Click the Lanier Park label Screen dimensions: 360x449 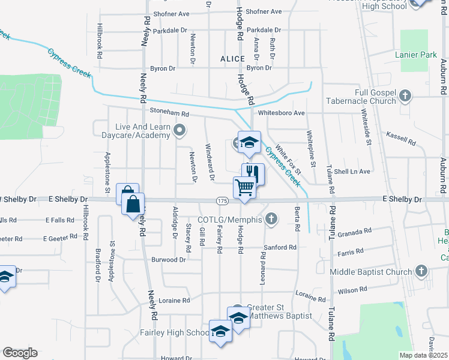416,55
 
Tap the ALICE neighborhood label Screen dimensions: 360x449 232,59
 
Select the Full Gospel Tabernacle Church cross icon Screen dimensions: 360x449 406,95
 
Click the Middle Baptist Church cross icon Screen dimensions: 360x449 421,272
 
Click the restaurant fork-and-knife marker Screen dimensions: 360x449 253,173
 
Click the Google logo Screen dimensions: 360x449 20,353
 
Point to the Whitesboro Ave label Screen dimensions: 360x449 281,113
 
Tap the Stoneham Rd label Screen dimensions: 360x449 169,113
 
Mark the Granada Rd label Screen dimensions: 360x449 355,230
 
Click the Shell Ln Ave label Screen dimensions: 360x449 352,171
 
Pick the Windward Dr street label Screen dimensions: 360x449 210,162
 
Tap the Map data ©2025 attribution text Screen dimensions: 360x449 424,355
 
